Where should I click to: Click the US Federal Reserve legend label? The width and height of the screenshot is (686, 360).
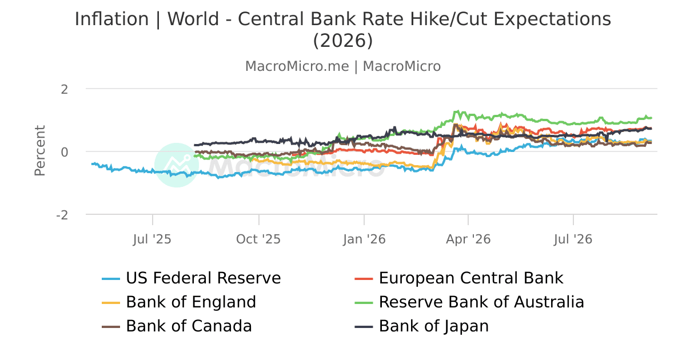point(204,278)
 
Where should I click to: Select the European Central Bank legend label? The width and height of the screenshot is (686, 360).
point(471,278)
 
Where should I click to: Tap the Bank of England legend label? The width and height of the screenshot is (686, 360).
point(191,302)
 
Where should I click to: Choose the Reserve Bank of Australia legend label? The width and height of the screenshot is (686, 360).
point(481,302)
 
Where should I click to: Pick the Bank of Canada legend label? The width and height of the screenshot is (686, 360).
point(189,326)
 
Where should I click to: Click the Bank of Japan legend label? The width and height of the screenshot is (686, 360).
point(434,326)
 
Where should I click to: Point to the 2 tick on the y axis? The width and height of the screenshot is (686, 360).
point(64,90)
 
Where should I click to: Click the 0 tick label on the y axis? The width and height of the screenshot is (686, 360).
point(64,152)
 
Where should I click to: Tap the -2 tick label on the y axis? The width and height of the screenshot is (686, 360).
point(62,215)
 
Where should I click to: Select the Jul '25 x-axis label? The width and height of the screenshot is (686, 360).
point(152,239)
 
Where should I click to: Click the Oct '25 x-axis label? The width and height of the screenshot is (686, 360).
point(258,239)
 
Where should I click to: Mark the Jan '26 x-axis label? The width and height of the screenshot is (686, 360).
point(364,239)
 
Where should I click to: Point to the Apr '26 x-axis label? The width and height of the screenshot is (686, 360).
point(468,239)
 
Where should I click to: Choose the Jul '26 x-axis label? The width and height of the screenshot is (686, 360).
point(573,239)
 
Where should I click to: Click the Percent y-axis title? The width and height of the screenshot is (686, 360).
point(40,151)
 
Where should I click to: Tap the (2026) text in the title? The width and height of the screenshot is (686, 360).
point(343,41)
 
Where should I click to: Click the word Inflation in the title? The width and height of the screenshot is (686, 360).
point(112,19)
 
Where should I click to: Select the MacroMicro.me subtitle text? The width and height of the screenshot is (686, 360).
point(297,66)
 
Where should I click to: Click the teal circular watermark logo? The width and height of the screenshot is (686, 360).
point(177,165)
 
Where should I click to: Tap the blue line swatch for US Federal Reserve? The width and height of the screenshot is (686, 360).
point(111,279)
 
